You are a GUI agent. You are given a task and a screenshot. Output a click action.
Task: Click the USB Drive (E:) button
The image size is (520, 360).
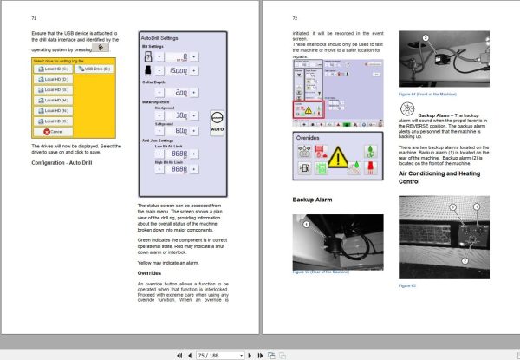91,68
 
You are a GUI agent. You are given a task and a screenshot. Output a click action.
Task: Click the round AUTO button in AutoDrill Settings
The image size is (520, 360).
218,121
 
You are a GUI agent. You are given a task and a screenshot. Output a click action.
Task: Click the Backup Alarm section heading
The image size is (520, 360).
314,200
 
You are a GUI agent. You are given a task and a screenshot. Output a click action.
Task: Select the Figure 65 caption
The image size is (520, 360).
407,285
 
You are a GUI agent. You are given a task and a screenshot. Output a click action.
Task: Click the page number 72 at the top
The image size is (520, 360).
295,17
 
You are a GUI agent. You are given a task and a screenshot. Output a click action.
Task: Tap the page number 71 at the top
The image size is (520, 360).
33,17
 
